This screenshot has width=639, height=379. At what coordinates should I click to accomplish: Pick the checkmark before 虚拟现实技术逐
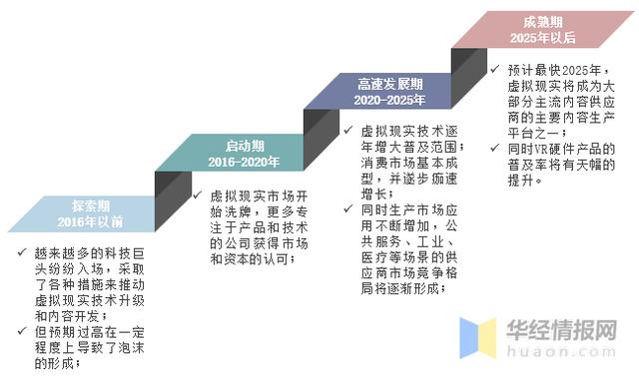(x=345, y=130)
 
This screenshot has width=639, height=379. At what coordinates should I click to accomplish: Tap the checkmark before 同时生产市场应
(x=345, y=209)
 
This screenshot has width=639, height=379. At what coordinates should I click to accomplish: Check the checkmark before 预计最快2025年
(x=496, y=70)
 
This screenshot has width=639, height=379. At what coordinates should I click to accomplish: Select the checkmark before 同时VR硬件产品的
(x=496, y=149)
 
